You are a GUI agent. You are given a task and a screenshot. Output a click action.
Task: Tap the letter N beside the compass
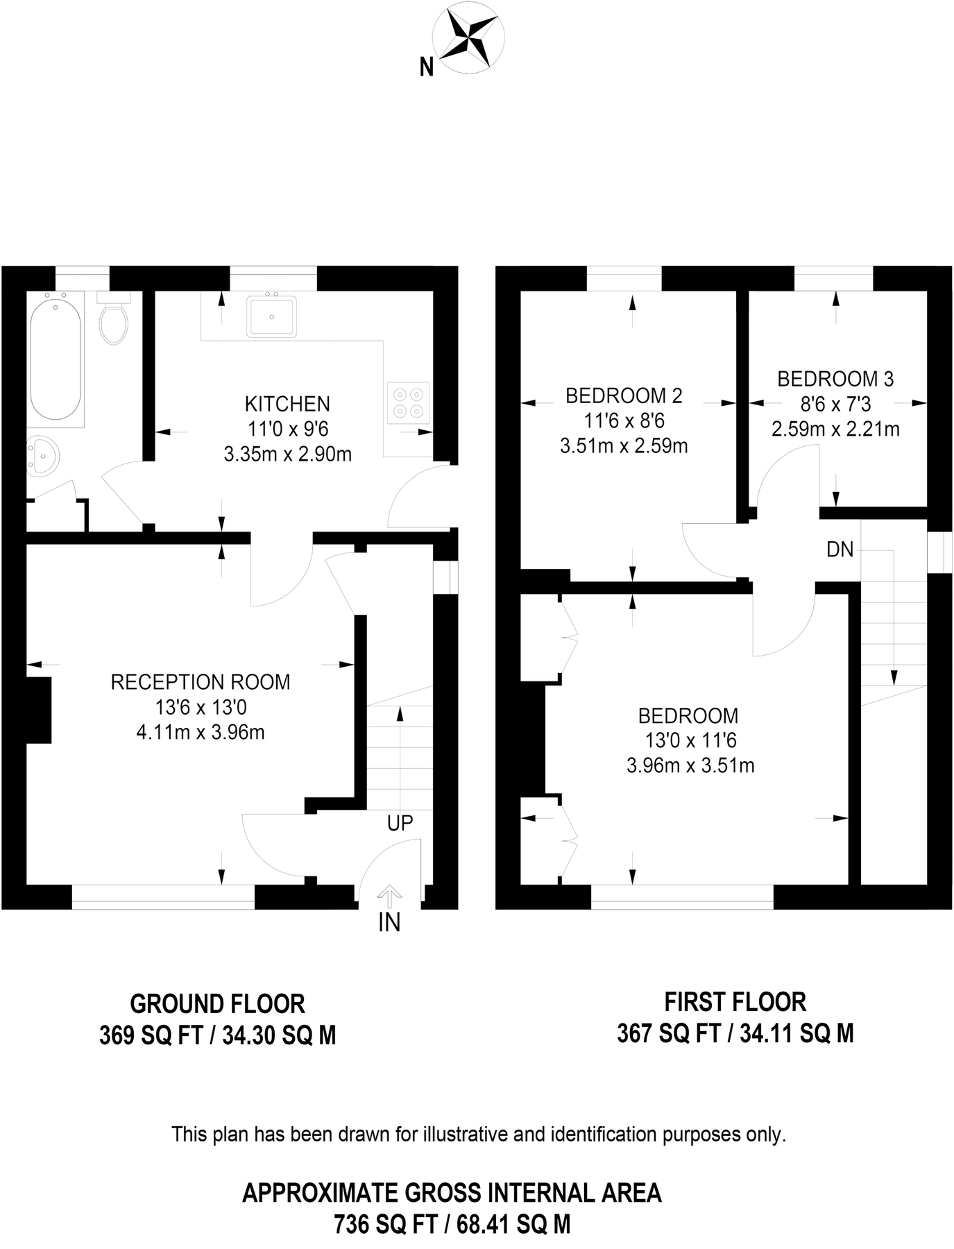coord(427,67)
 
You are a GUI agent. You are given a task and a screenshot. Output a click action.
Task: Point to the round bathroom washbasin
coord(43,456)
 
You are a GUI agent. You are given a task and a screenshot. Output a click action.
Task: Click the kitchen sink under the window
coord(271,316)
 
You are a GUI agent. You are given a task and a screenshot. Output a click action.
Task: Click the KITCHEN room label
coord(287,404)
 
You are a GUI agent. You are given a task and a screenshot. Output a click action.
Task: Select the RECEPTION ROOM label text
coord(201,682)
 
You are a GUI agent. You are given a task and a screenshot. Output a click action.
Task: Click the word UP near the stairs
coord(400,823)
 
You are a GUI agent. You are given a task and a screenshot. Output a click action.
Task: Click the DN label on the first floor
coord(840,550)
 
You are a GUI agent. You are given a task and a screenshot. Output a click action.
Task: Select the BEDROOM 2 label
coord(624,396)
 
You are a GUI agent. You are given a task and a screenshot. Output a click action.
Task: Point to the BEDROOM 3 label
coord(835,379)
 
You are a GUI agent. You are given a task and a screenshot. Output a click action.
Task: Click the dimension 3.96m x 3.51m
coord(690,766)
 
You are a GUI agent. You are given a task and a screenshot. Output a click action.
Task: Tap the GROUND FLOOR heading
coord(217,1004)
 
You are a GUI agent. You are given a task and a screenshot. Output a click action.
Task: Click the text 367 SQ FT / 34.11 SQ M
coord(735,1034)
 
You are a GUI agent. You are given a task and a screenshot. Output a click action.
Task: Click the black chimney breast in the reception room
coord(39,710)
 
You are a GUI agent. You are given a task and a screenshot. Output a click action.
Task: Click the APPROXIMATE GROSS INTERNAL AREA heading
coord(452,1193)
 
